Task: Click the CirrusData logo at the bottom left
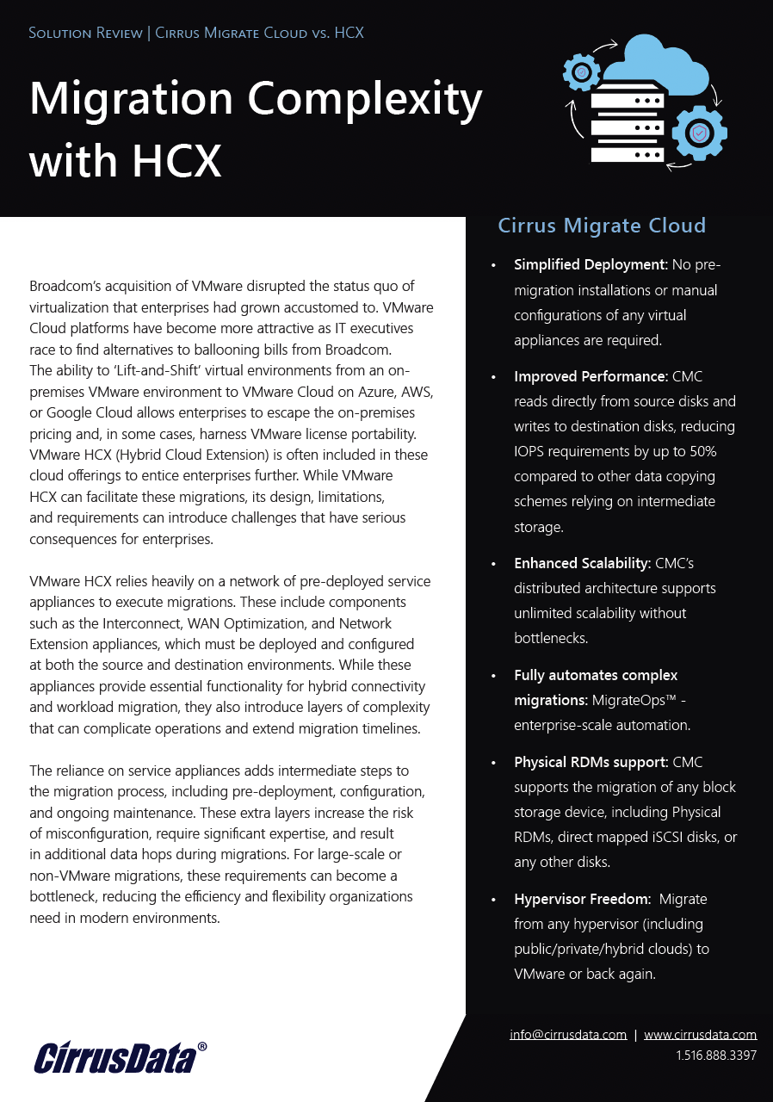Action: coord(121,1057)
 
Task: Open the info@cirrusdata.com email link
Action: coord(567,1035)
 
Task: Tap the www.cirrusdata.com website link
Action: coord(700,1035)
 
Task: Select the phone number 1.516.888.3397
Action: coord(715,1055)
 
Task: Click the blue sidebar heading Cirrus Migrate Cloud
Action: coord(602,226)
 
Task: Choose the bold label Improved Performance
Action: coord(590,376)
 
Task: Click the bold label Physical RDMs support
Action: coord(591,762)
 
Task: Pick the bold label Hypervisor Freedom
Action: coord(581,899)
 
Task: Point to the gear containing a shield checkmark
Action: coord(699,133)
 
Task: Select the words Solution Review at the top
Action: coord(86,34)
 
